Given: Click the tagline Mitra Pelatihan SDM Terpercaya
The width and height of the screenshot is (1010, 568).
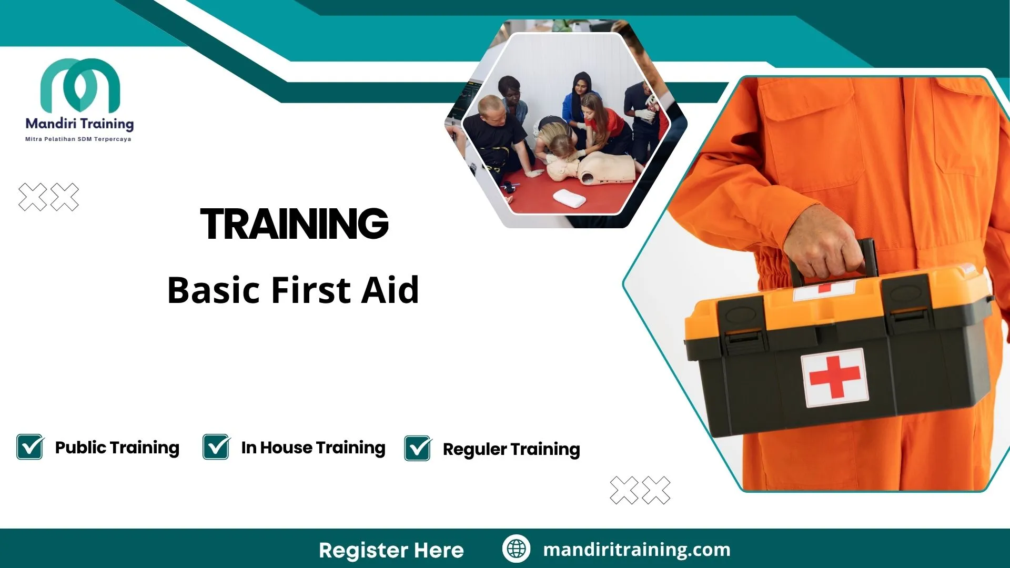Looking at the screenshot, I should point(78,139).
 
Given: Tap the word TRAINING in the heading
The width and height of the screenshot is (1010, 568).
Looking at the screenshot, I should point(294,224).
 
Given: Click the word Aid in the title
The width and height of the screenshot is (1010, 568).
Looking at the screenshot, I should point(389,290).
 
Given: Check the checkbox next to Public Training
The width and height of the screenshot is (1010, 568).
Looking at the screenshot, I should point(30,447).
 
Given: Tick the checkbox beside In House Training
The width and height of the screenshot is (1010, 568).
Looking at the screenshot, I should point(216,447).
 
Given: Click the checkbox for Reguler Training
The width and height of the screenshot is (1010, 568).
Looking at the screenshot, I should point(418,449).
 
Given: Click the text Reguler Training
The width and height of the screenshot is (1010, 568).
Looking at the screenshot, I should point(511,449).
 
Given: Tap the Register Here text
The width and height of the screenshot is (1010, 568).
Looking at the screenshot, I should point(391,550).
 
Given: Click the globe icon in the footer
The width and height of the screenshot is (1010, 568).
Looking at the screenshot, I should point(516,549).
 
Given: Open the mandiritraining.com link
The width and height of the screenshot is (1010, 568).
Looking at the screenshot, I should point(637,550).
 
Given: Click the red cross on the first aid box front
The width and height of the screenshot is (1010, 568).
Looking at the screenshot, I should point(834,377).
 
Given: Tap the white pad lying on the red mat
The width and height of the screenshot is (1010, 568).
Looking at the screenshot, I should point(569,198).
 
